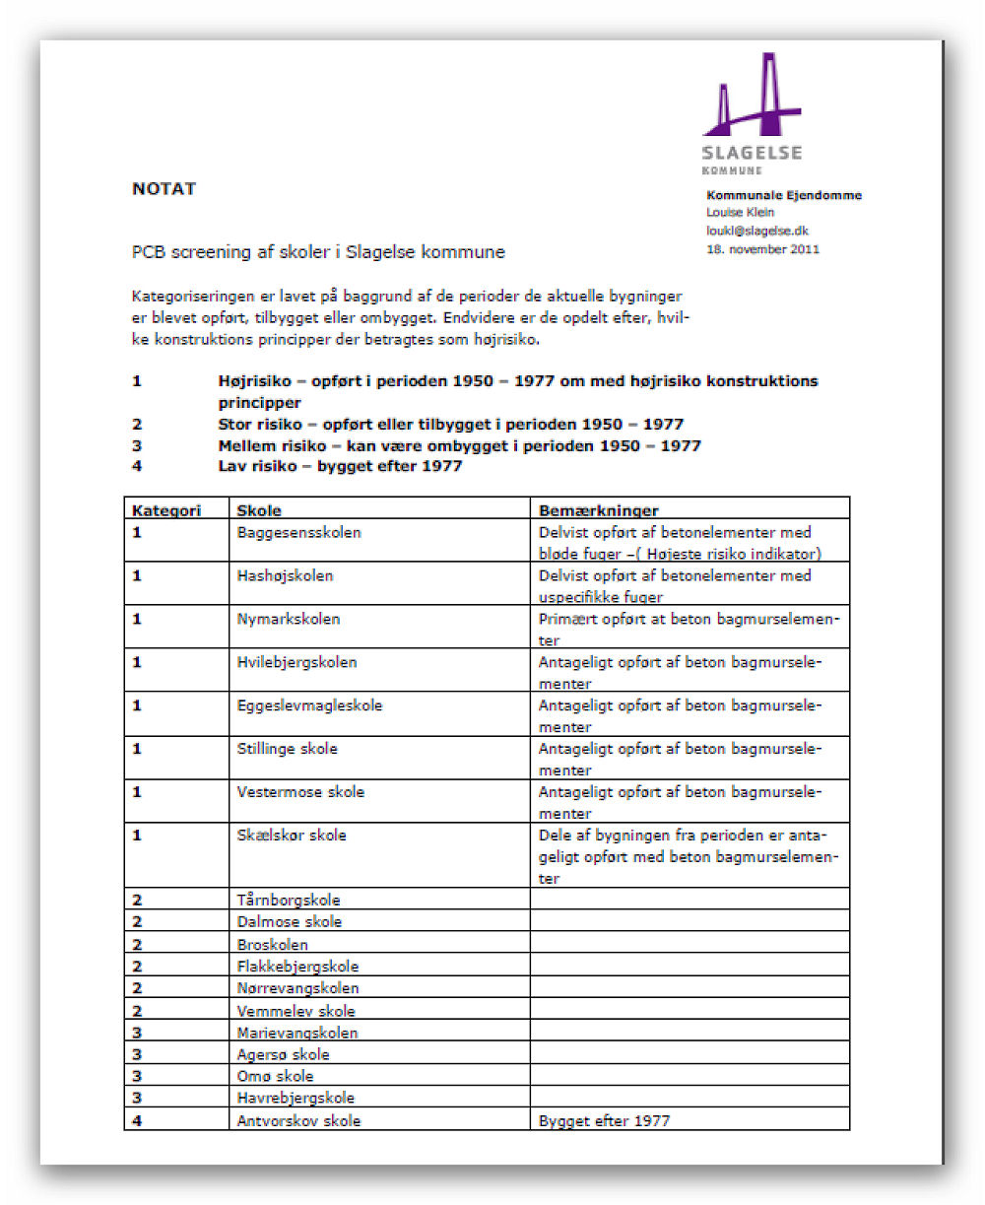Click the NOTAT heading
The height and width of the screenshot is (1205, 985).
164,189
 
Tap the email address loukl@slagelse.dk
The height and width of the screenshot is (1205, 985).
757,231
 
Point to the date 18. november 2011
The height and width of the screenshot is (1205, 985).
762,249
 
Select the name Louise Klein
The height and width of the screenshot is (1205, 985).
740,212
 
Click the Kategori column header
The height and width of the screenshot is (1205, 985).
166,510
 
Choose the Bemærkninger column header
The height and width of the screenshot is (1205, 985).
598,510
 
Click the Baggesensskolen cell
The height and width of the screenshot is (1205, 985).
298,532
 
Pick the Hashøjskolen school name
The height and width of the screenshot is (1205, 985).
285,575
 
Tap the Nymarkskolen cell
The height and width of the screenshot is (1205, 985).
288,619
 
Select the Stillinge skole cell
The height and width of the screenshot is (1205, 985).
287,749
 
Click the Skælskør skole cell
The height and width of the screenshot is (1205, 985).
292,836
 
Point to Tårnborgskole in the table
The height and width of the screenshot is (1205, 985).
289,900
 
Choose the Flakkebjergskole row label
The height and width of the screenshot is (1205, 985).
297,967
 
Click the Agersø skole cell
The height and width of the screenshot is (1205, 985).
283,1054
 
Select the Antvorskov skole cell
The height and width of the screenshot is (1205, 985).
298,1120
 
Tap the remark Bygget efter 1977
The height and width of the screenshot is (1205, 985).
604,1120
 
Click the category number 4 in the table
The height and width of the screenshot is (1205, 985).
137,1120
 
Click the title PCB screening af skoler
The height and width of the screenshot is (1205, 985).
318,252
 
